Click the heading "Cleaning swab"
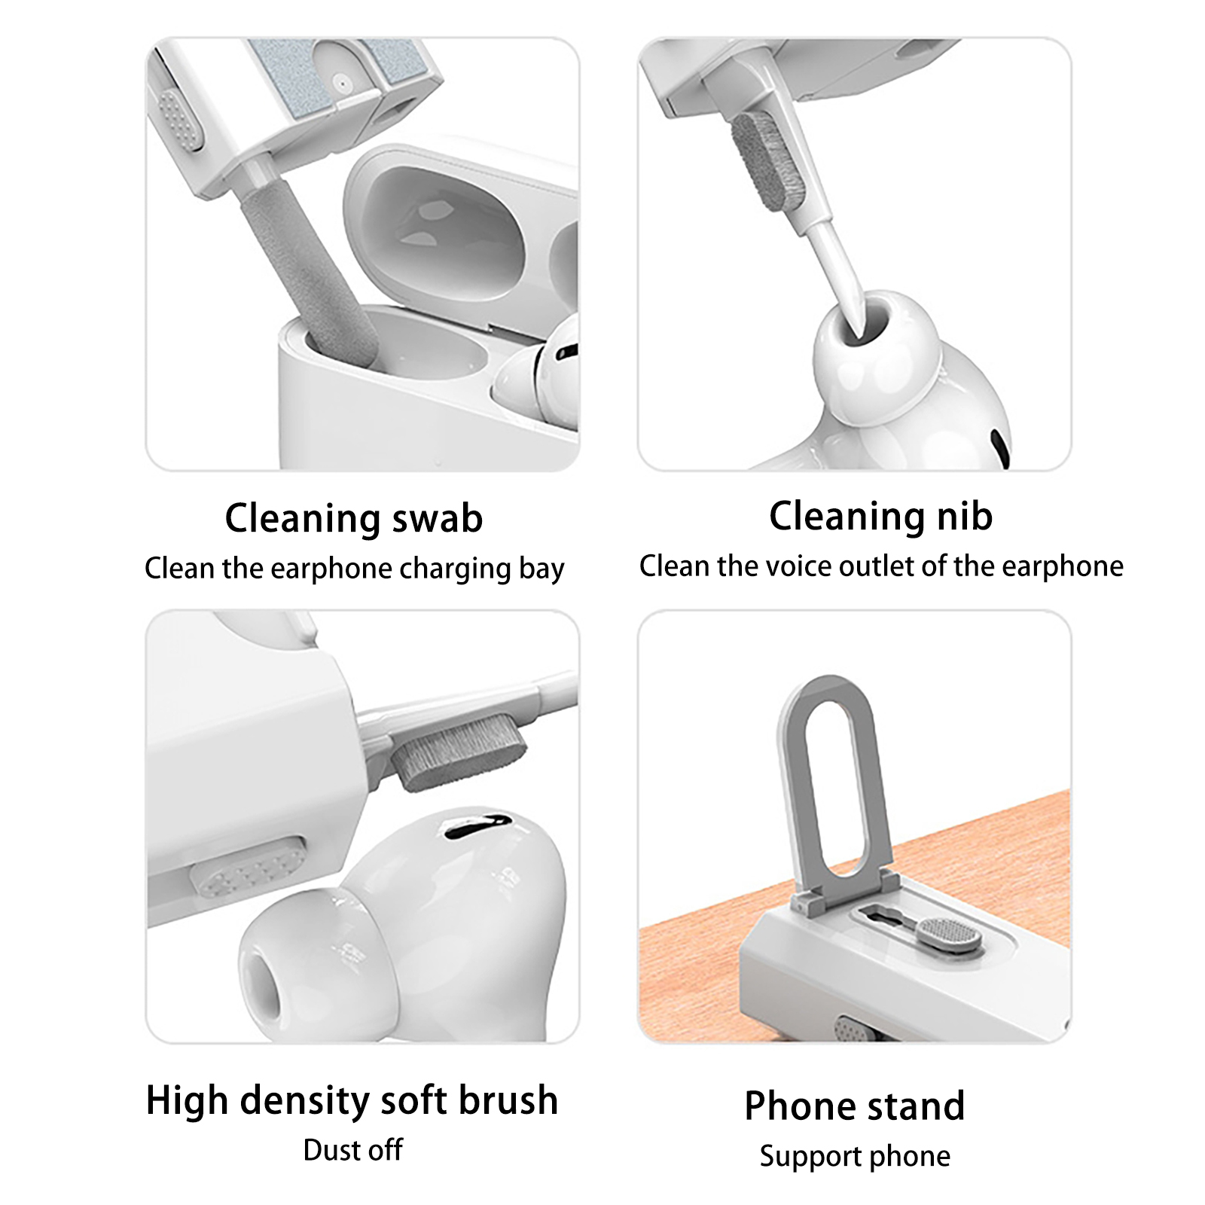click(354, 518)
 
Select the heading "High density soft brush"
click(352, 1100)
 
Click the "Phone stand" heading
click(855, 1106)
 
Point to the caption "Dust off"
click(352, 1150)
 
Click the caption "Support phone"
click(855, 1156)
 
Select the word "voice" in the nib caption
click(799, 566)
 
